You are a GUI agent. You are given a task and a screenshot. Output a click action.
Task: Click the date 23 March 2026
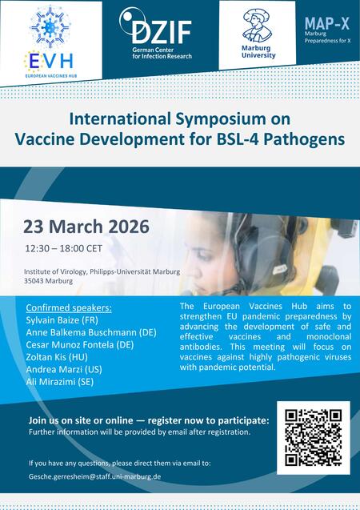86,226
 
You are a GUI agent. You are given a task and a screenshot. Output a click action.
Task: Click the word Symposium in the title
225,118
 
